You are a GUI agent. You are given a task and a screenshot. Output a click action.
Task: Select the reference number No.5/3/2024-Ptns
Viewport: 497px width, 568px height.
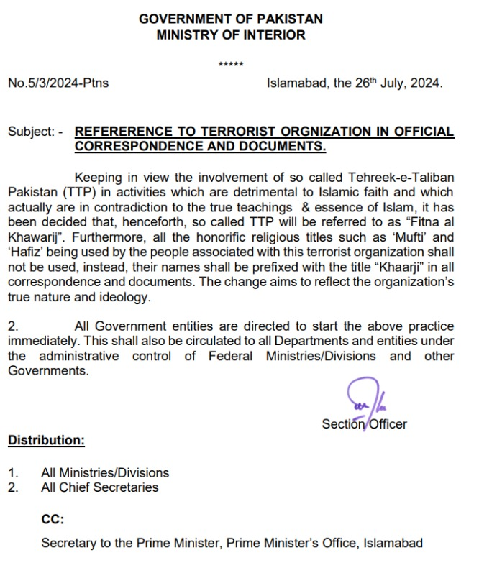[x=58, y=83]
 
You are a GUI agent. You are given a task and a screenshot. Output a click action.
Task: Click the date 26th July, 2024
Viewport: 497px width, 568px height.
[x=388, y=83]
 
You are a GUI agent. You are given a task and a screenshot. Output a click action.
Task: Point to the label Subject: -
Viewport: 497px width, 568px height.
[x=35, y=132]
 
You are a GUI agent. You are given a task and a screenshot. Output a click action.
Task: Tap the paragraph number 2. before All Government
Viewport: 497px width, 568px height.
[x=12, y=326]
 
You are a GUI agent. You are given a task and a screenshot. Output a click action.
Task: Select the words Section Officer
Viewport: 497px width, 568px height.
[x=364, y=424]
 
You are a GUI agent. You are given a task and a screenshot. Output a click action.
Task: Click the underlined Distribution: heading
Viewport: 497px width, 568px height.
[x=46, y=440]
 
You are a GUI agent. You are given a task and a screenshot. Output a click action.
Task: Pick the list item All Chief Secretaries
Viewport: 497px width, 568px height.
[x=100, y=487]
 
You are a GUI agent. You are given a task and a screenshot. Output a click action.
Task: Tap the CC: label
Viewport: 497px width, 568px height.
[x=53, y=519]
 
